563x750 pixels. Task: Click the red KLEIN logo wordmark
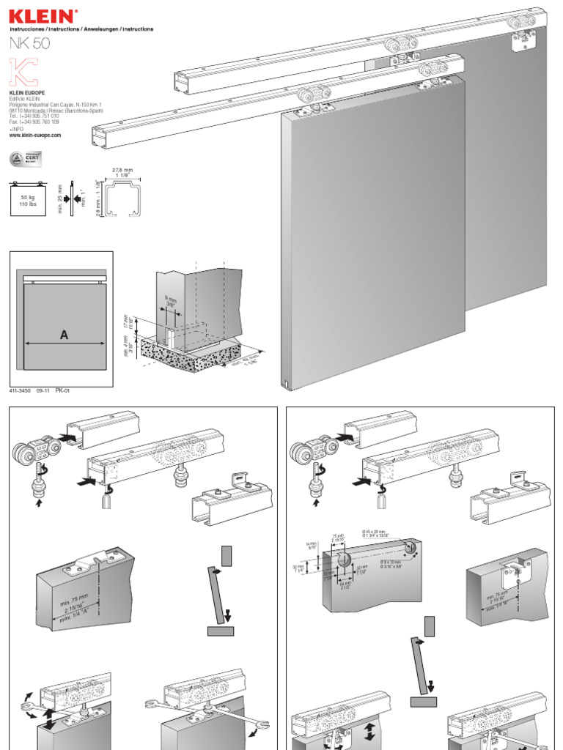point(41,15)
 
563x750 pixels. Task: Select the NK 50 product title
point(31,43)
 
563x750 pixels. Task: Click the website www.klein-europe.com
point(35,135)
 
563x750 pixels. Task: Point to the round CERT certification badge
point(18,158)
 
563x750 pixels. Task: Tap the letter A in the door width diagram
point(65,335)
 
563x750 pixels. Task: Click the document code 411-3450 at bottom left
point(21,391)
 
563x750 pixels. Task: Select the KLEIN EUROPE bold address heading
point(27,93)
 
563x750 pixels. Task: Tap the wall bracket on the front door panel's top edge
point(308,108)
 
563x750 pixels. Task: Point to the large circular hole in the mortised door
point(345,560)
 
